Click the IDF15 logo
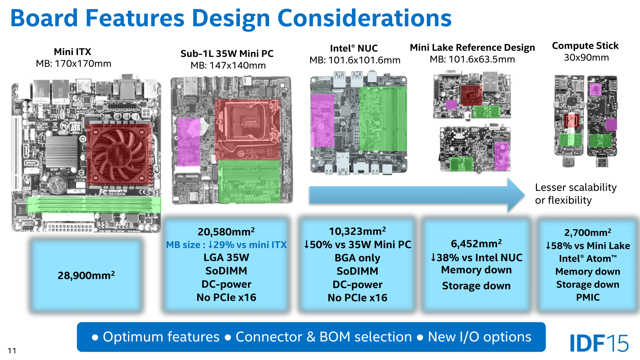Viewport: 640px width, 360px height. click(x=599, y=343)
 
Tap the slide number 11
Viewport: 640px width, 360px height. click(x=12, y=351)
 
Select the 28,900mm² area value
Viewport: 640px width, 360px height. click(x=86, y=275)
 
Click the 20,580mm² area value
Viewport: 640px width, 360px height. click(x=226, y=231)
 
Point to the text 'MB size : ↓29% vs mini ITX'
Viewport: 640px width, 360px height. click(x=226, y=245)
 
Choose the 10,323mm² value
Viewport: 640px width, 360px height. click(x=357, y=231)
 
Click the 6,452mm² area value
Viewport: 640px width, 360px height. click(x=476, y=244)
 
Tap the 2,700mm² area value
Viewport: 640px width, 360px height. click(x=588, y=232)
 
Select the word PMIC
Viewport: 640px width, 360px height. click(x=588, y=297)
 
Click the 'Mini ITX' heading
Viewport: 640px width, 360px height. click(x=73, y=52)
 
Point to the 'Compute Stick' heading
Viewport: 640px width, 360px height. click(x=585, y=46)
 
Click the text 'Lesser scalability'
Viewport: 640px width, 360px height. click(x=576, y=187)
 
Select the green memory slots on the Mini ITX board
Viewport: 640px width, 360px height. click(x=93, y=204)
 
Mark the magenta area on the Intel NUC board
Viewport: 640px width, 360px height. click(x=323, y=121)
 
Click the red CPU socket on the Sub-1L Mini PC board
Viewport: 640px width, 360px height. click(x=247, y=130)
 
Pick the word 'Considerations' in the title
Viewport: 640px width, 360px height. click(x=364, y=18)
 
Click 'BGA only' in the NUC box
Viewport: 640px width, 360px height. click(x=357, y=258)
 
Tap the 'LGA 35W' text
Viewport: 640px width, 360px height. click(x=226, y=258)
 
